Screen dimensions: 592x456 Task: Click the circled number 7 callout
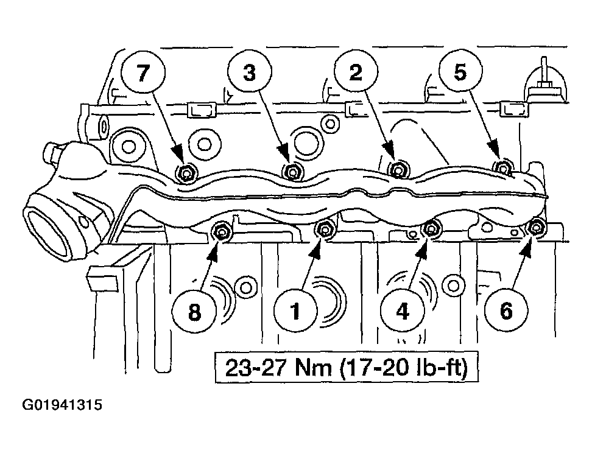pyautogui.click(x=143, y=73)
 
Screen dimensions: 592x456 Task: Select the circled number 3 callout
pyautogui.click(x=250, y=72)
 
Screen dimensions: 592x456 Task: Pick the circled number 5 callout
pyautogui.click(x=460, y=72)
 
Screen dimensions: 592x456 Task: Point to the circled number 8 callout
pyautogui.click(x=194, y=312)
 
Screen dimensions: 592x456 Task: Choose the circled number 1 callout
pyautogui.click(x=296, y=311)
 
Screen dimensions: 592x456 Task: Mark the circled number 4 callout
pyautogui.click(x=403, y=311)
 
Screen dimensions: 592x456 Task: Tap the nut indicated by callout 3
pyautogui.click(x=292, y=172)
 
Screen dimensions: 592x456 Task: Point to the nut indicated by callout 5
pyautogui.click(x=503, y=167)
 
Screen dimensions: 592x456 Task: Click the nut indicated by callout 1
pyautogui.click(x=324, y=229)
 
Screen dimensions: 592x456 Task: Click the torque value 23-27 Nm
pyautogui.click(x=278, y=367)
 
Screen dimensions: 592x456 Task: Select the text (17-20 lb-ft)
pyautogui.click(x=404, y=368)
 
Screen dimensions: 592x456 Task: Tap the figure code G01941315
pyautogui.click(x=62, y=405)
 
